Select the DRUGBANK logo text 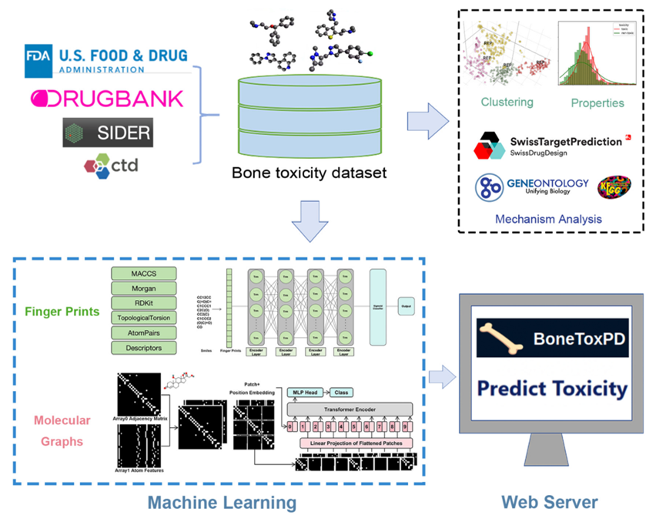click(108, 98)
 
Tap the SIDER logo click(107, 133)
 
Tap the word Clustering click(507, 102)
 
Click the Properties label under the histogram click(597, 102)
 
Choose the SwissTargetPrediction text click(565, 142)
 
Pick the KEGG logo click(614, 187)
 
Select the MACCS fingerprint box click(144, 274)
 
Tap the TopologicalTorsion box click(144, 318)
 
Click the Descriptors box click(144, 348)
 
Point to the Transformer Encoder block click(350, 408)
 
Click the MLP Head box click(306, 392)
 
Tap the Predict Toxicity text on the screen click(551, 387)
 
